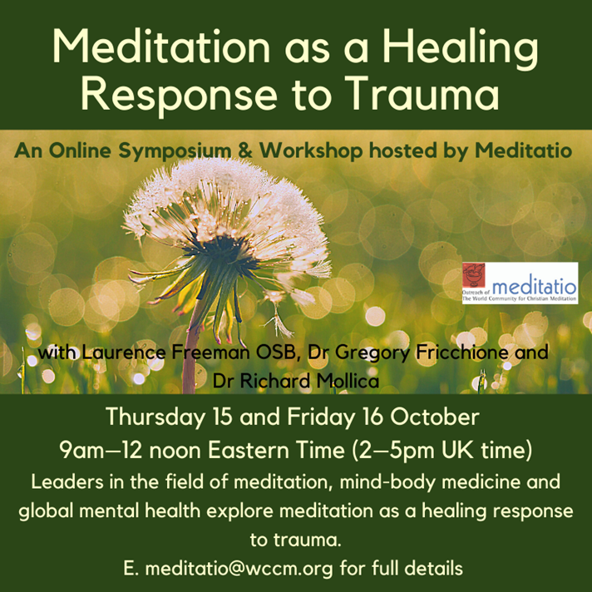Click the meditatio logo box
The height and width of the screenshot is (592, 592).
click(x=520, y=283)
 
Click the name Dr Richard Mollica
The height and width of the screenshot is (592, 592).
click(x=296, y=382)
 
